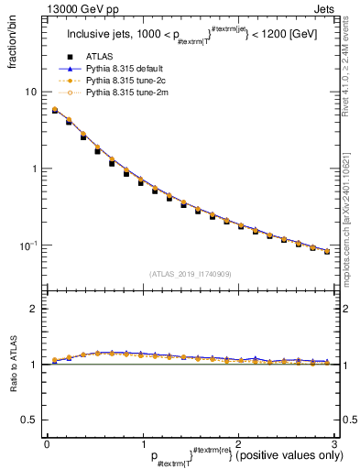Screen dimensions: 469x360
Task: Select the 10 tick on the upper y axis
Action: (x=32, y=92)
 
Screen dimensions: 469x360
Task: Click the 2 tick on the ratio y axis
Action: (x=34, y=309)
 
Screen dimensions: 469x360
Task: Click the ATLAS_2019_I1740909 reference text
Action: (x=190, y=274)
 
